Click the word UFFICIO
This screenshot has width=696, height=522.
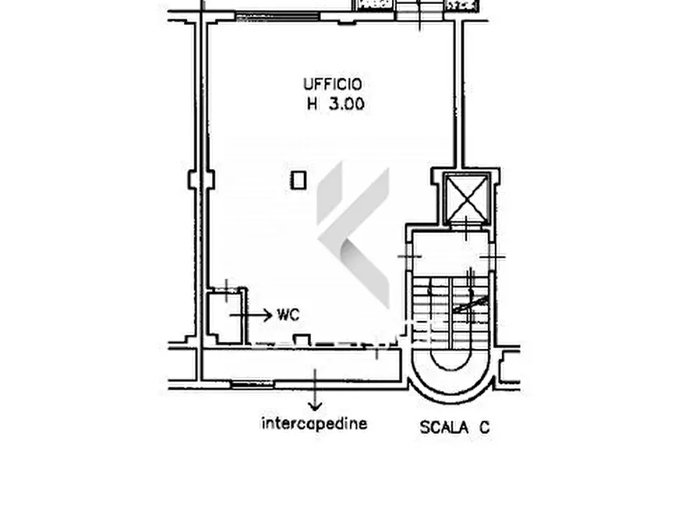tap(333, 84)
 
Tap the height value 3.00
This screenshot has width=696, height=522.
tap(346, 104)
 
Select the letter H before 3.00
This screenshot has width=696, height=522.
tap(313, 104)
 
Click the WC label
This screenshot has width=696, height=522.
tap(288, 315)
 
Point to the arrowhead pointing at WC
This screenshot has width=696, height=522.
tap(268, 316)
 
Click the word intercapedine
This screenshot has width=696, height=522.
tap(314, 423)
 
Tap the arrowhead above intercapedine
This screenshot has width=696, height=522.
tap(315, 406)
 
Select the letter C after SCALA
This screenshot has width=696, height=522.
tap(484, 428)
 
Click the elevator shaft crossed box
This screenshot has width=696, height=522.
tap(467, 198)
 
